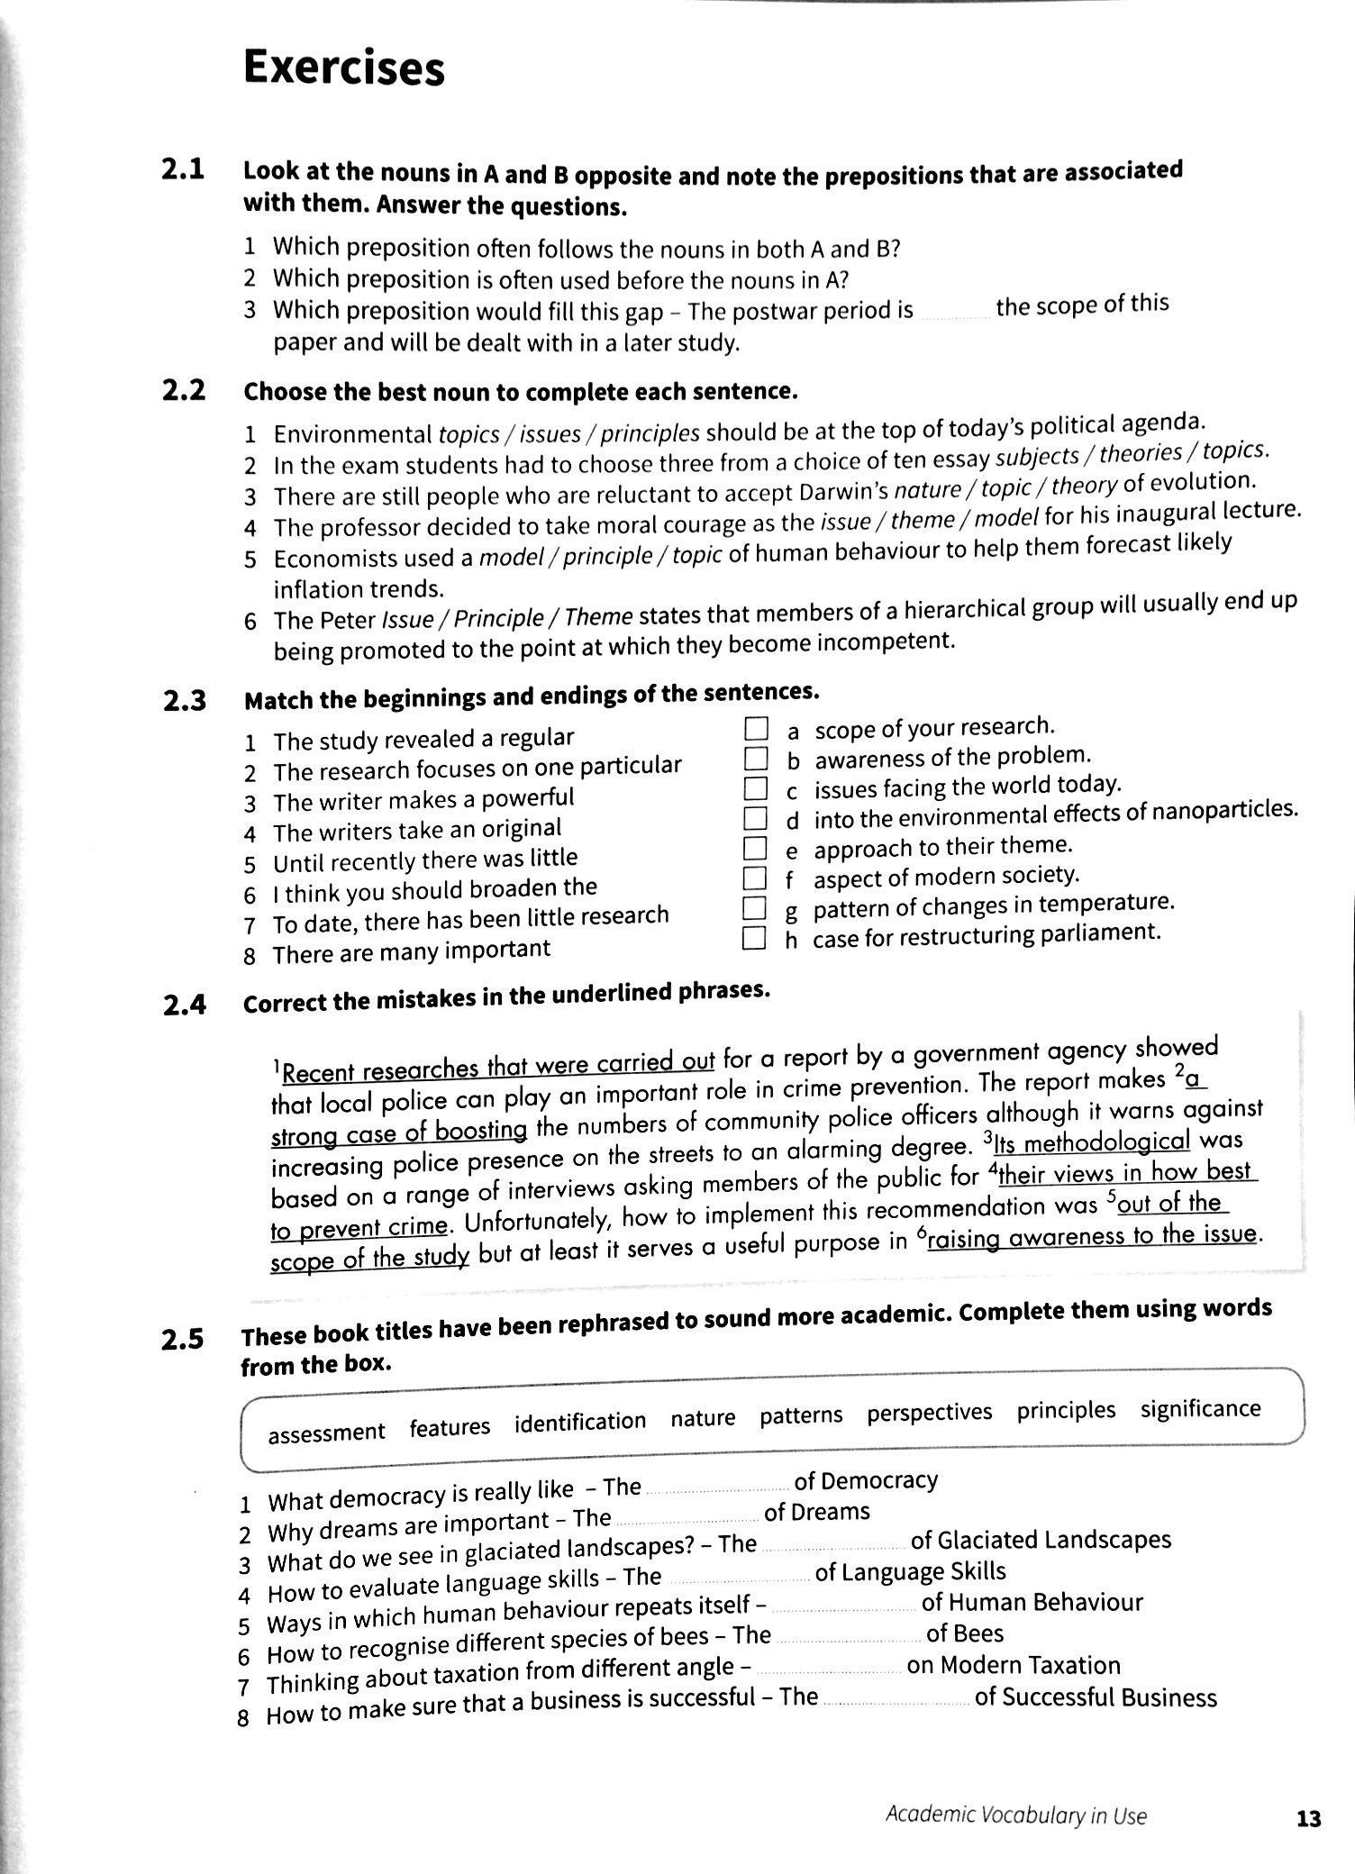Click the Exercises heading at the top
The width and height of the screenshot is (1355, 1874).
pyautogui.click(x=343, y=68)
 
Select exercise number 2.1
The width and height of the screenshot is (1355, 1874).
pyautogui.click(x=183, y=169)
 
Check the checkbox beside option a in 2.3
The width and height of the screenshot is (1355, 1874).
pyautogui.click(x=755, y=729)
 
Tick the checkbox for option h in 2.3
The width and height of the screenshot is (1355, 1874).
pyautogui.click(x=753, y=940)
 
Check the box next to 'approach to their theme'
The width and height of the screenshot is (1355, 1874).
pyautogui.click(x=754, y=849)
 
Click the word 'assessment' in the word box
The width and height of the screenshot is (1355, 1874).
pyautogui.click(x=326, y=1433)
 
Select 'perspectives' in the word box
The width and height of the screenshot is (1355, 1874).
pyautogui.click(x=929, y=1413)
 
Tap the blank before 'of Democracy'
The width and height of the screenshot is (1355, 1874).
pyautogui.click(x=716, y=1487)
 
